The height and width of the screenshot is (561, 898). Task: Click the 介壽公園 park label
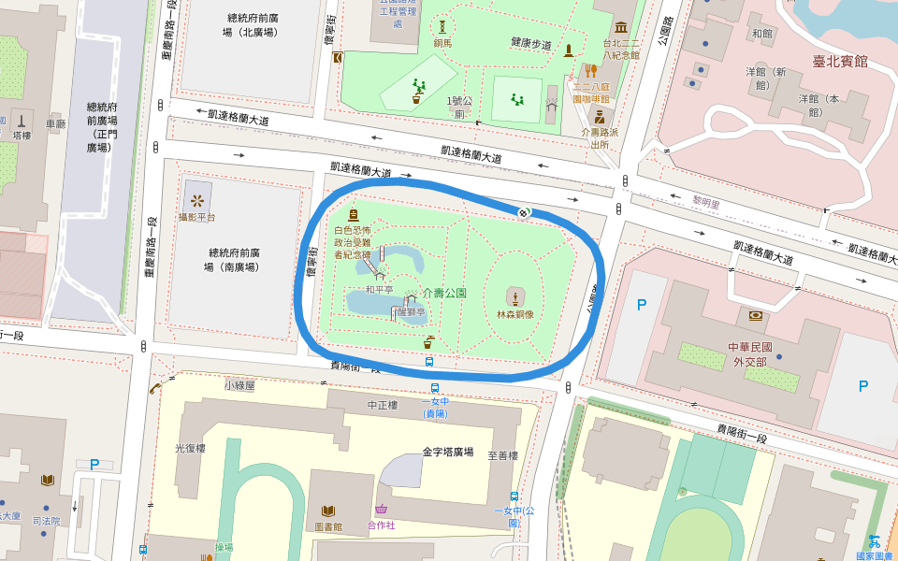443,293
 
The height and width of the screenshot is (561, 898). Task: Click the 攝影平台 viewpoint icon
196,199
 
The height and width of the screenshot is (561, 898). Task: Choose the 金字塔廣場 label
447,451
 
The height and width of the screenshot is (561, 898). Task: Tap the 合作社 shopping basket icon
382,510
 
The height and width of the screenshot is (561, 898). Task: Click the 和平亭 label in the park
380,290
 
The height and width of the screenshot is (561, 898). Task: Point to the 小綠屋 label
239,384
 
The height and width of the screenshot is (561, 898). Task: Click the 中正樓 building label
383,405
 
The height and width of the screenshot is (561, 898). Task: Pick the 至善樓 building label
502,455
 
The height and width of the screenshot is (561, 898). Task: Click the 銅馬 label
442,43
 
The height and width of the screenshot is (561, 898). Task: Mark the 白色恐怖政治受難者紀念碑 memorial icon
353,215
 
